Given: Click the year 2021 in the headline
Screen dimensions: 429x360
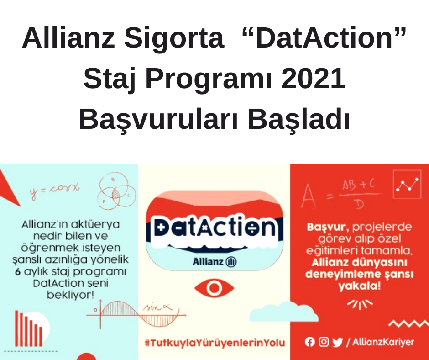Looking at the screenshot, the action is tap(313, 79).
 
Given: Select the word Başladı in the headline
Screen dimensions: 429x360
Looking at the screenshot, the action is tap(299, 119).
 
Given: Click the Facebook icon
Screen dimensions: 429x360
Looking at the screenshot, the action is tap(310, 342).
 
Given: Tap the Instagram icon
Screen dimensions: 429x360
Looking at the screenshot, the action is tap(324, 342).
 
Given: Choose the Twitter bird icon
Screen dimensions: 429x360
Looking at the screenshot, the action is tap(338, 342).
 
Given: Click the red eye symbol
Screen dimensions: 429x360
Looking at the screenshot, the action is tap(214, 288).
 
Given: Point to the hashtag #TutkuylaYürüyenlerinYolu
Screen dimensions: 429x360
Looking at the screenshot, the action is tap(215, 343).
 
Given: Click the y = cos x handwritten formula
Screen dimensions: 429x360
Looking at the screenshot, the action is tap(54, 189).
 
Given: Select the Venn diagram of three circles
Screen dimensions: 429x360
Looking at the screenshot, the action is tap(117, 191).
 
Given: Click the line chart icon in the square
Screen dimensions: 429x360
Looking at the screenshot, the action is tap(407, 184).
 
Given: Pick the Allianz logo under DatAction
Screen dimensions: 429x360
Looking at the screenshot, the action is tap(214, 262).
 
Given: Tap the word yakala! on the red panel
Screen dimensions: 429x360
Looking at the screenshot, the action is tap(359, 286).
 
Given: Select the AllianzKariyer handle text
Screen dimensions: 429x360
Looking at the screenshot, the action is tap(383, 342).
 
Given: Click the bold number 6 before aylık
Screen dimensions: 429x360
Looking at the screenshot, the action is tap(18, 272).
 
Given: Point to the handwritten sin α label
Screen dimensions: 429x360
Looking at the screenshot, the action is tap(157, 307).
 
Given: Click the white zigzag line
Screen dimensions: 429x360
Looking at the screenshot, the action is tap(409, 324).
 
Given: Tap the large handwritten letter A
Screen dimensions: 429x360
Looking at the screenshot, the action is tap(308, 196).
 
